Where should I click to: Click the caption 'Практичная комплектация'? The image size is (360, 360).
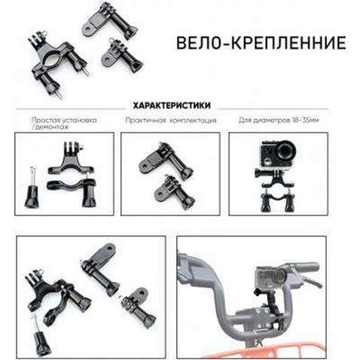pos(172,120)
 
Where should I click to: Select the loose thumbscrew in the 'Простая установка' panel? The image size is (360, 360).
pos(32,189)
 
